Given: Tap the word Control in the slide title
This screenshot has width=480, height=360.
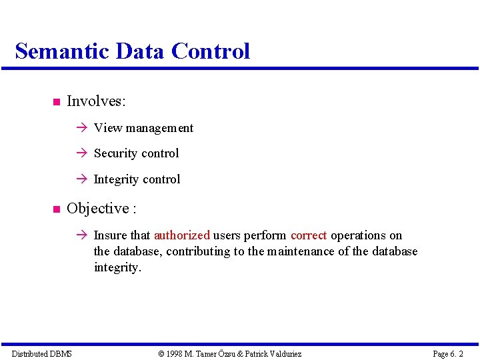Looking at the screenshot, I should pos(211,51).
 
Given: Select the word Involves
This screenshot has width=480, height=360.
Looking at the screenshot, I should pos(96,101).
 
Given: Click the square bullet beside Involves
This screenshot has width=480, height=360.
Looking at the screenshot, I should pos(55,102).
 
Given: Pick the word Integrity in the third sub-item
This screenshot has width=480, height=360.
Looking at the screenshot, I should pos(116,179).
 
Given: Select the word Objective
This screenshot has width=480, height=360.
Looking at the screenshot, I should pos(98,209).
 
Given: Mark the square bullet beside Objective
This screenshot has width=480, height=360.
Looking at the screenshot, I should pos(55,209).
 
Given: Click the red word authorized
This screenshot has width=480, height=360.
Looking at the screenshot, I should pos(182,235).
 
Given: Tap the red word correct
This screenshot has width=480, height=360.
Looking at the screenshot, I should pos(309,235).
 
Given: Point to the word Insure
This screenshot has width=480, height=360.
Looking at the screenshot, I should pos(111,235).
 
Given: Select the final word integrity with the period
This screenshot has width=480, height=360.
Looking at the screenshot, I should pos(117,268).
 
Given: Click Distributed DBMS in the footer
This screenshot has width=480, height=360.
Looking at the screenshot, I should pos(42,353).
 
